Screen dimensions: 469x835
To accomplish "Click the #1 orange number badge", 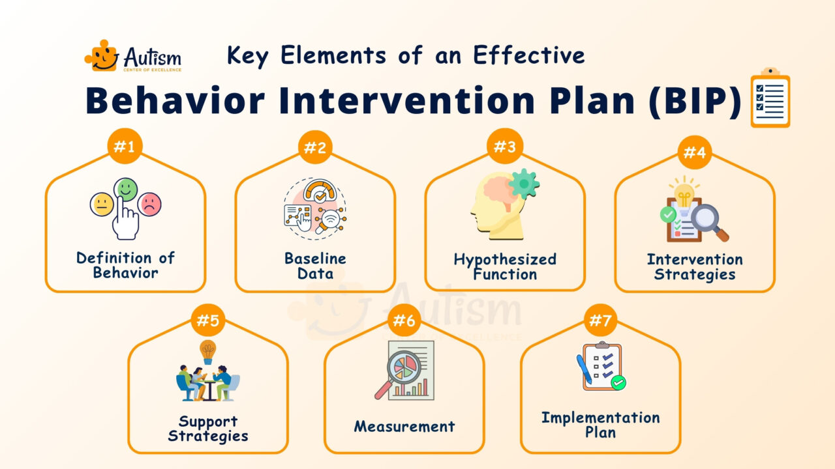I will point(125,147).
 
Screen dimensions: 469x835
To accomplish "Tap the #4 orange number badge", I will point(694,152).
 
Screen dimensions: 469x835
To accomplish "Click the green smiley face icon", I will point(126,190).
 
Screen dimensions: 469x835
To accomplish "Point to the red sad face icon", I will point(151,205).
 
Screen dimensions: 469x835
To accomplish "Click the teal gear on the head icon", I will point(524,184).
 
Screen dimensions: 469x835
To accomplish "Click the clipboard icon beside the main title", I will point(770,99).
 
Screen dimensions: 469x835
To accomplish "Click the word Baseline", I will point(315,258).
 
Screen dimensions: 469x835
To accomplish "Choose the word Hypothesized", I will point(505,259).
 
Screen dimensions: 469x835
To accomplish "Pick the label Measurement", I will point(404,427).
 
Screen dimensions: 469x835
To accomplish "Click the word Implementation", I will point(600,418).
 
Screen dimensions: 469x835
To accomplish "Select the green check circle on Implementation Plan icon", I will point(618,383).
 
